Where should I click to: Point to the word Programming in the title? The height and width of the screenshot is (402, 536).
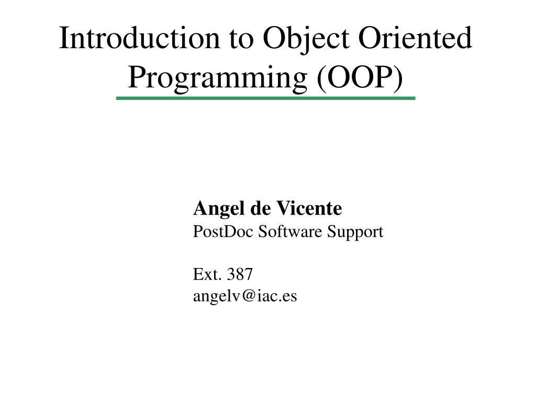217,77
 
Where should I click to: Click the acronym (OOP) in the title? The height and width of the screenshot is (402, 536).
360,77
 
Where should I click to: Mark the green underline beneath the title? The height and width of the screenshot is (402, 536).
265,98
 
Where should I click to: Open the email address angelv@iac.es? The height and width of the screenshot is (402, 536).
245,296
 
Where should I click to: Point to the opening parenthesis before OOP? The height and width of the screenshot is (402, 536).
320,77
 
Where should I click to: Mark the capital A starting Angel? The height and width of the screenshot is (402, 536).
199,209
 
